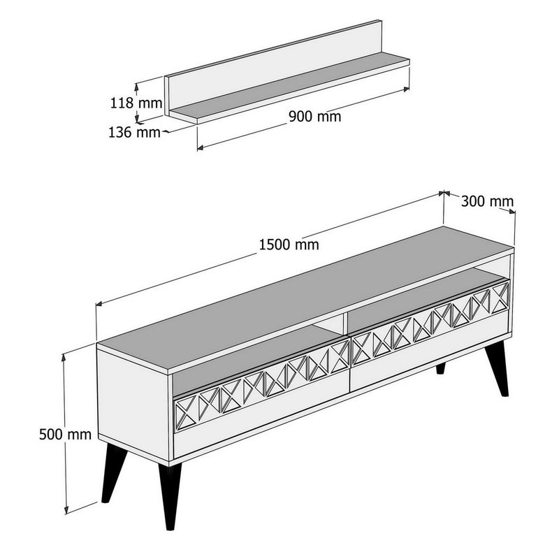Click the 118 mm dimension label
pyautogui.click(x=136, y=103)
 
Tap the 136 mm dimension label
pyautogui.click(x=134, y=132)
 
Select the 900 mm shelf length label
pyautogui.click(x=315, y=117)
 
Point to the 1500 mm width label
pyautogui.click(x=289, y=245)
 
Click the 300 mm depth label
pyautogui.click(x=487, y=201)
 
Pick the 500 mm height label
pyautogui.click(x=65, y=434)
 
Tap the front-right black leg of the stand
pyautogui.click(x=497, y=368)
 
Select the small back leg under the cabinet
pyautogui.click(x=441, y=369)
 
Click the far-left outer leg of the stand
pyautogui.click(x=113, y=473)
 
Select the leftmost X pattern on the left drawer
pyautogui.click(x=186, y=412)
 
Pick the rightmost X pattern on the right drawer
pyautogui.click(x=500, y=298)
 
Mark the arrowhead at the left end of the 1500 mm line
pyautogui.click(x=99, y=304)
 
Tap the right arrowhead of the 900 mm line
pyautogui.click(x=407, y=89)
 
